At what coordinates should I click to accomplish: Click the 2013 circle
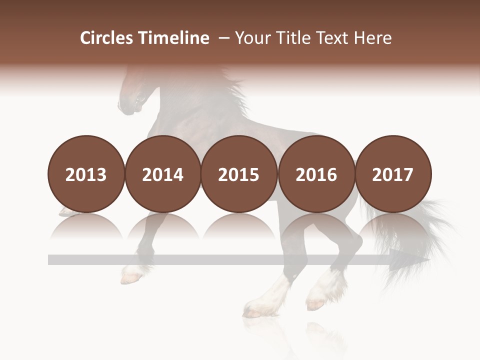coord(86,174)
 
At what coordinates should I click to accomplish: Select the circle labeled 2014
coord(162,174)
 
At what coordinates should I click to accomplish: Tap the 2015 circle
coord(239,174)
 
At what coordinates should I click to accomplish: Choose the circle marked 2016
coord(316,174)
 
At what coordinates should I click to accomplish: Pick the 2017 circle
coord(392,174)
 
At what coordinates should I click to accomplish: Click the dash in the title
coord(223,38)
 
